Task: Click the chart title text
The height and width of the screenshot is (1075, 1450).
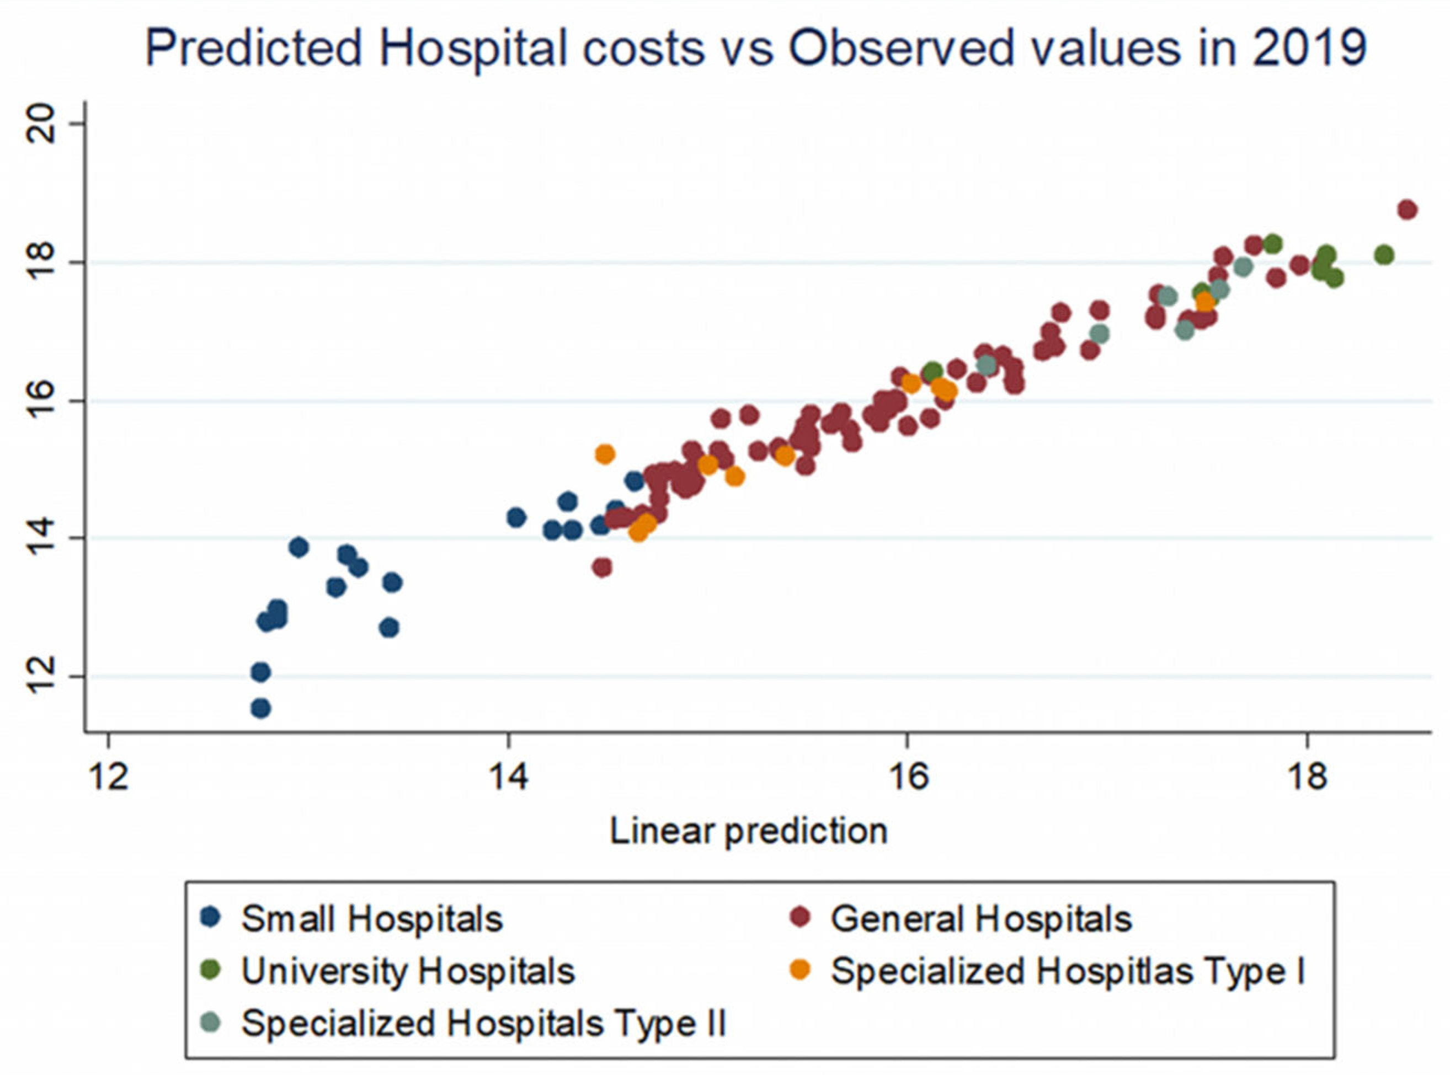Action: [755, 48]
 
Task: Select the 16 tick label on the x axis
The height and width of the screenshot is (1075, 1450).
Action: [907, 776]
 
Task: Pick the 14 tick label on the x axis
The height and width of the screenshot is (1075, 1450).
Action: [508, 776]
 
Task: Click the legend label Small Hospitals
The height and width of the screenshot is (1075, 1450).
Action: [372, 919]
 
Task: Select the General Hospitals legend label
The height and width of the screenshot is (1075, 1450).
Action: [982, 919]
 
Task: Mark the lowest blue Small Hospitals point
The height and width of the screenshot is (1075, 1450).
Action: [260, 708]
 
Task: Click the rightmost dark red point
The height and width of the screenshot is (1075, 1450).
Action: [1407, 210]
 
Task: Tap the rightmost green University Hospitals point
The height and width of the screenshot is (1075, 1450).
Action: [1384, 255]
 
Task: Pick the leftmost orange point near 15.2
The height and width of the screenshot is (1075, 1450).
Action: [605, 454]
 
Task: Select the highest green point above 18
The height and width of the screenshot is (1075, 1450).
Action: [1272, 244]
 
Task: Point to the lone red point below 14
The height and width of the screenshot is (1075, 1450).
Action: [602, 568]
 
